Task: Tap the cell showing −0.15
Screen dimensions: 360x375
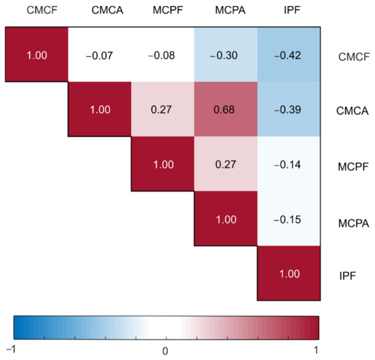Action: tap(288, 220)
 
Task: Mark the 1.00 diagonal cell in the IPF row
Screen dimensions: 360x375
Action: tap(288, 273)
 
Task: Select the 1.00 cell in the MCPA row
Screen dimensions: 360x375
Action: tap(225, 220)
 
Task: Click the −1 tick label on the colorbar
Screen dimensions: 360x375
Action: tap(14, 349)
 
